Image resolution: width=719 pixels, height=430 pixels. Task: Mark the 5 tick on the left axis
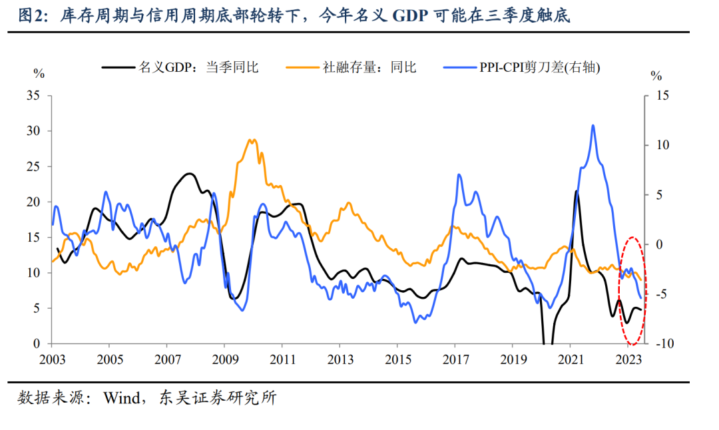click(x=37, y=308)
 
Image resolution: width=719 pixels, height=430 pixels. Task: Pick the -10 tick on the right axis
click(x=660, y=343)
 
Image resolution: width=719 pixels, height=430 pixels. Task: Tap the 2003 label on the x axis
click(x=52, y=359)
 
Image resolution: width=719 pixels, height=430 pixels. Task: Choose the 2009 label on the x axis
click(x=224, y=359)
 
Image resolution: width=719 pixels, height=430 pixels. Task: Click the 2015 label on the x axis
click(x=397, y=359)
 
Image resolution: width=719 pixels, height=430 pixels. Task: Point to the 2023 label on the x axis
click(x=627, y=359)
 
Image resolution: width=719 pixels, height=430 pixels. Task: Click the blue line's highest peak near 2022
click(x=593, y=125)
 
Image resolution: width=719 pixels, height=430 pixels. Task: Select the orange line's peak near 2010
click(x=252, y=140)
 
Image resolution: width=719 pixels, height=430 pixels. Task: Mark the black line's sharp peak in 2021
click(x=577, y=192)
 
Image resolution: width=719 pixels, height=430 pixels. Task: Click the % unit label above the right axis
click(x=656, y=75)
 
